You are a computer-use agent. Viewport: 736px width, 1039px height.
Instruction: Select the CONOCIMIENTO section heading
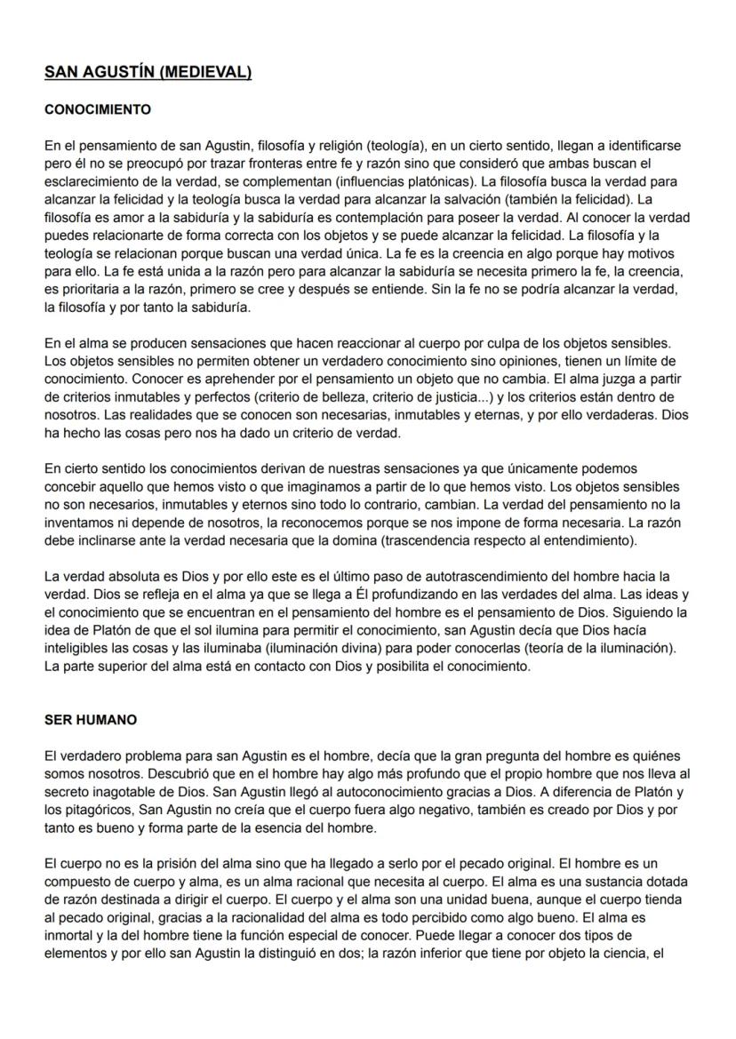(x=98, y=110)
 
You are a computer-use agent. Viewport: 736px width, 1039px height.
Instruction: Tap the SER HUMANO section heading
(x=90, y=720)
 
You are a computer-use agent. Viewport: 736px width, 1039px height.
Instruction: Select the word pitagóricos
(x=95, y=807)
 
